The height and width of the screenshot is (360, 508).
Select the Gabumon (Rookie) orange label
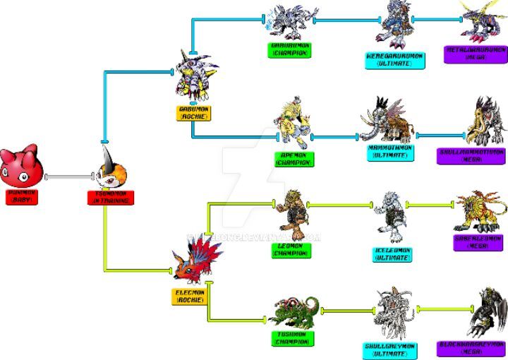pos(193,112)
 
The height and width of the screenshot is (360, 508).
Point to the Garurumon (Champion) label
pos(290,48)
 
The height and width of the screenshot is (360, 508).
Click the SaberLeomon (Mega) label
pos(478,242)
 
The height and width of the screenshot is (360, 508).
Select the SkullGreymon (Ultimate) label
pos(390,350)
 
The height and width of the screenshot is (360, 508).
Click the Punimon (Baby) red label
pos(21,196)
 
